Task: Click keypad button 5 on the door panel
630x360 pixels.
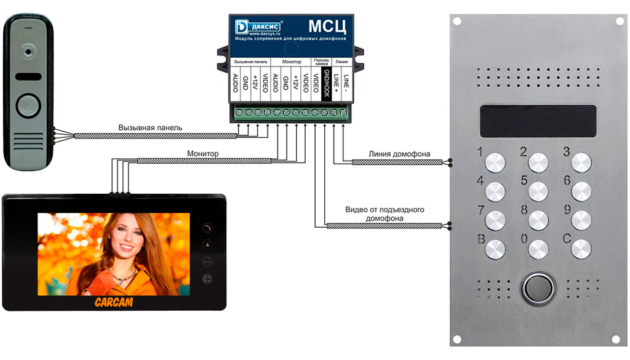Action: [x=538, y=191]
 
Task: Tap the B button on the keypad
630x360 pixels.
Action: [x=495, y=249]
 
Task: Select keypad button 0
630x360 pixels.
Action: [x=538, y=249]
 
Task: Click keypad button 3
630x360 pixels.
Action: [x=581, y=162]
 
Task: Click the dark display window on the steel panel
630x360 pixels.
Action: [x=537, y=121]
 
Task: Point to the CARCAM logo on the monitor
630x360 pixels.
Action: [x=113, y=302]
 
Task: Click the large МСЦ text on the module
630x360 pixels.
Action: [x=327, y=26]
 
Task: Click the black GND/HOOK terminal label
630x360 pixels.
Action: [x=327, y=84]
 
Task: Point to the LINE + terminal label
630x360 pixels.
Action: [x=337, y=84]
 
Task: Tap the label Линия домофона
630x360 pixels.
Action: [x=399, y=154]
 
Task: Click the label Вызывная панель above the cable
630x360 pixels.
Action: [x=150, y=127]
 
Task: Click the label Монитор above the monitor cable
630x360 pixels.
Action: [x=203, y=153]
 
